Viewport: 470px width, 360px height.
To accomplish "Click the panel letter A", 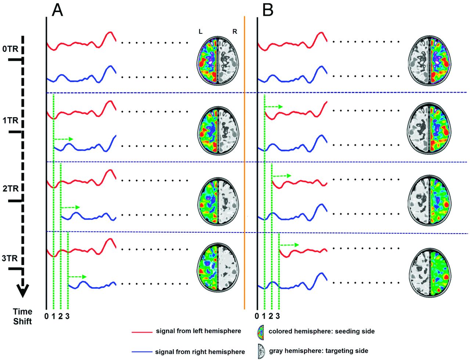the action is (x=57, y=10).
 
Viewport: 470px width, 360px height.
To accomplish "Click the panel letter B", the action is (x=268, y=10).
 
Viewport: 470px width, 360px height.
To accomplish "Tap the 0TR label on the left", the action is (x=10, y=49).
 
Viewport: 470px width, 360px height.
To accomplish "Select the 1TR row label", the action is (x=10, y=120).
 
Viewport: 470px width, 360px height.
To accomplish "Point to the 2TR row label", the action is (x=11, y=189).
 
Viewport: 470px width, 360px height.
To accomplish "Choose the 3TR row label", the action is (x=10, y=258).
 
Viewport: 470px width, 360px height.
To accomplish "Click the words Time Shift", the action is (x=22, y=316).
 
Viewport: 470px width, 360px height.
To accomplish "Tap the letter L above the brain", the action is (x=200, y=32).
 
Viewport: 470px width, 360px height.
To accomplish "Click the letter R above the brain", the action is (x=235, y=32).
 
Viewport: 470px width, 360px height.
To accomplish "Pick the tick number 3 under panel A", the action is (x=68, y=316).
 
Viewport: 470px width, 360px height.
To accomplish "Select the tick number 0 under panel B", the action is (x=257, y=316).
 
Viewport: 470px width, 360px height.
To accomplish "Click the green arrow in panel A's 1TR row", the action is (x=64, y=139).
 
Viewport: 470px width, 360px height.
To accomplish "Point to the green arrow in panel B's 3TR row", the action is (x=290, y=245).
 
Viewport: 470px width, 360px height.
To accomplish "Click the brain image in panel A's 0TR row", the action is (x=218, y=61).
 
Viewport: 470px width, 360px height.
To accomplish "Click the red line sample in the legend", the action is (x=142, y=332).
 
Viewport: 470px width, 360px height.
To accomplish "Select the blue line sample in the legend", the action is (x=142, y=352).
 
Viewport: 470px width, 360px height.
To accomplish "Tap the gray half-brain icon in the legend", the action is (x=261, y=351).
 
